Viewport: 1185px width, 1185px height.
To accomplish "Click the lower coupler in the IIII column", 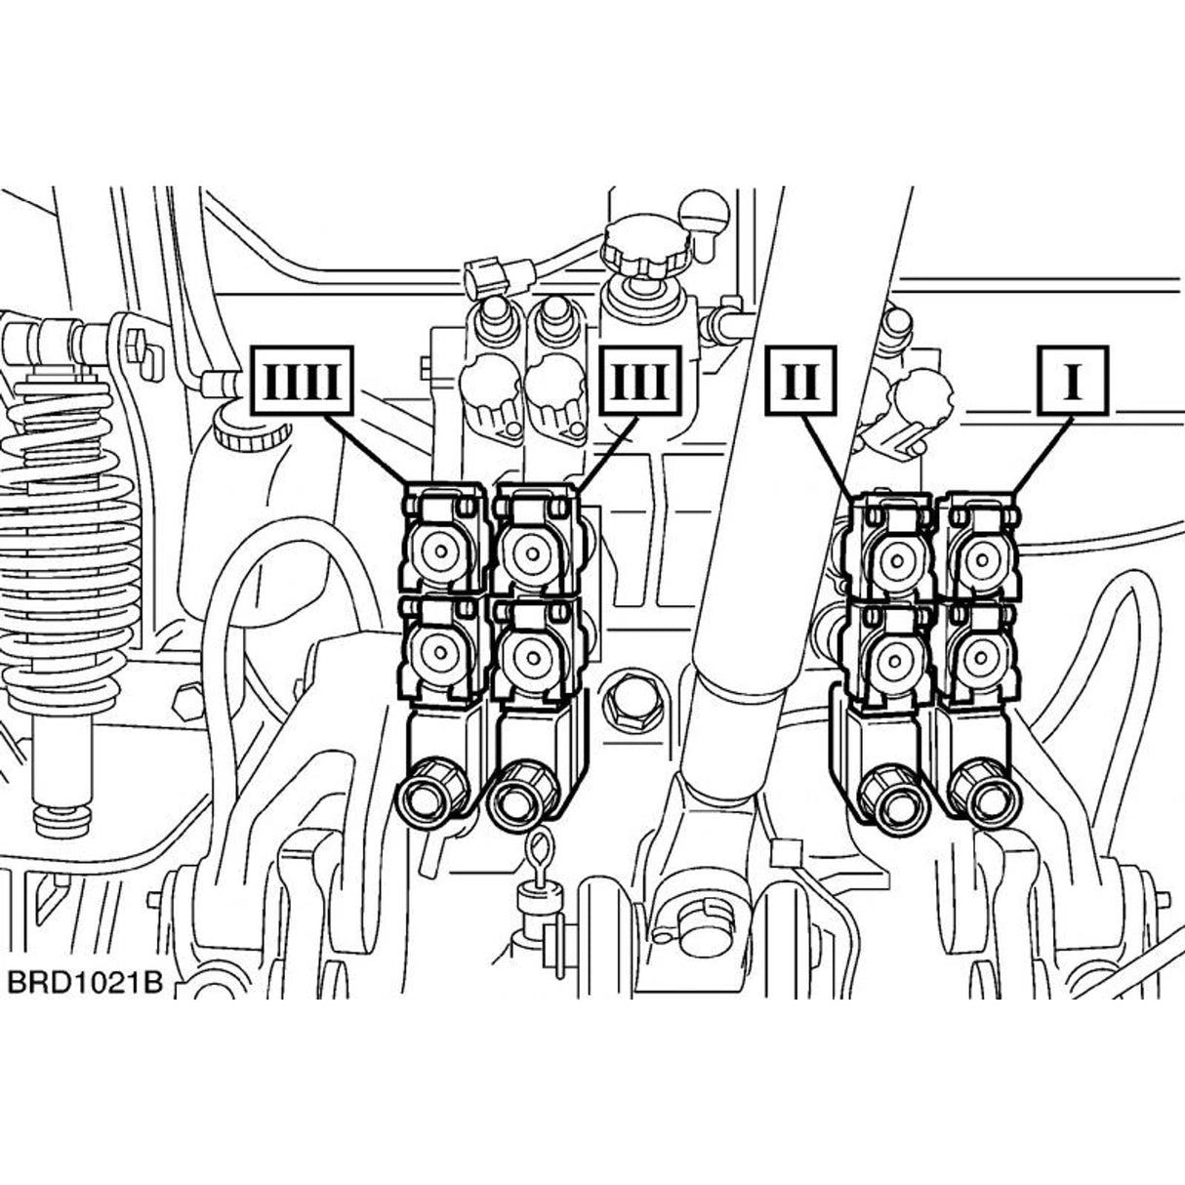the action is [x=441, y=651].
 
